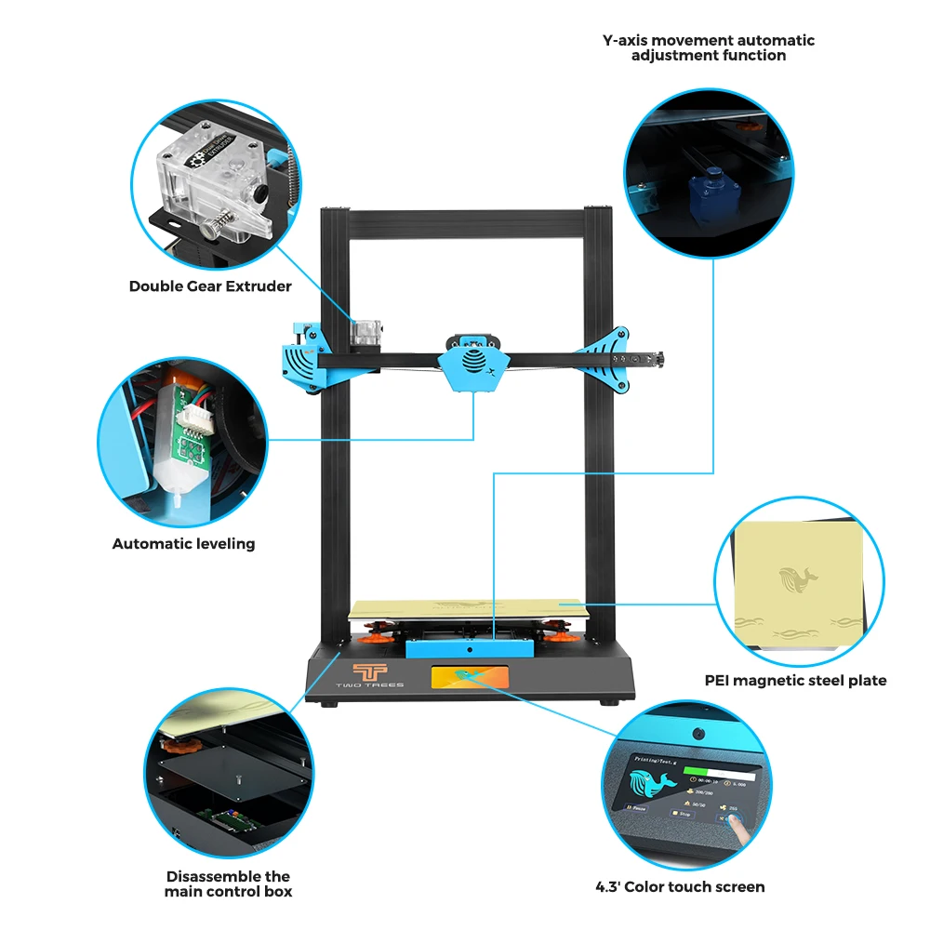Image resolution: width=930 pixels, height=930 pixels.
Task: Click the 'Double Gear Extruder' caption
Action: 210,286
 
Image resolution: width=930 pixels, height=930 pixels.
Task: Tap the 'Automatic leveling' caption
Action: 183,543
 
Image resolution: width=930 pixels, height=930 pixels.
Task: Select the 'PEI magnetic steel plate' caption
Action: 795,681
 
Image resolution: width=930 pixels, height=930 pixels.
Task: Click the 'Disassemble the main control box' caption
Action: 229,883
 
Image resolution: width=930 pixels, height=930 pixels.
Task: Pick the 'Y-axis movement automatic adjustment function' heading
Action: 709,47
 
